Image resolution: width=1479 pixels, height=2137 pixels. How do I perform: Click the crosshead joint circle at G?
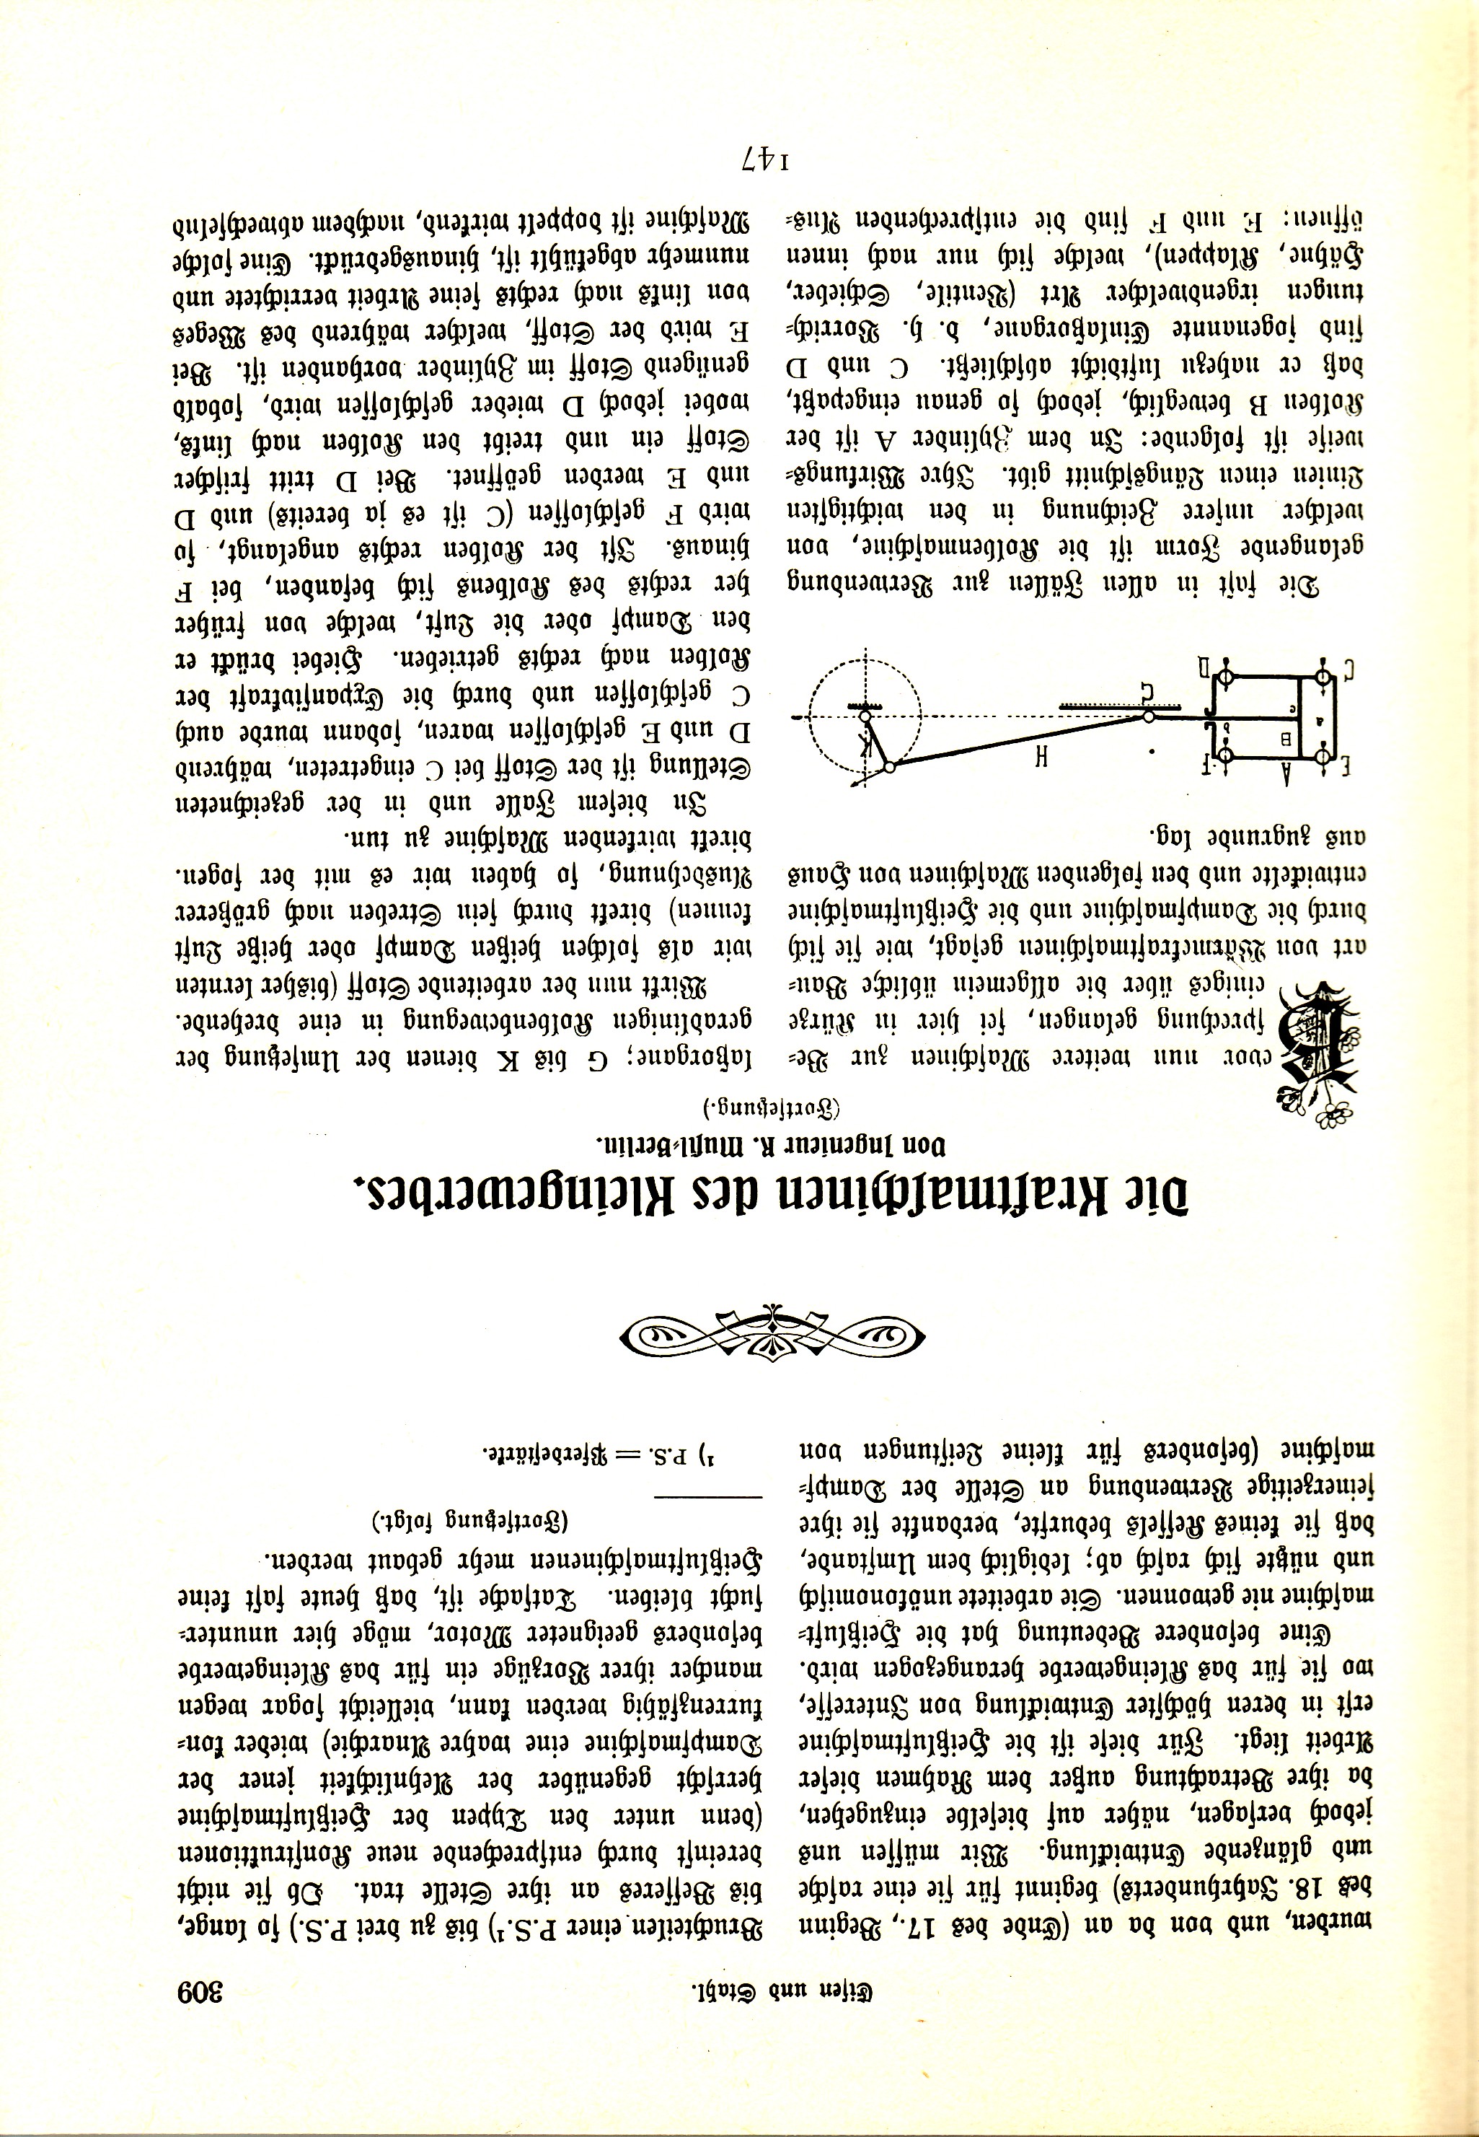[1149, 715]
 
